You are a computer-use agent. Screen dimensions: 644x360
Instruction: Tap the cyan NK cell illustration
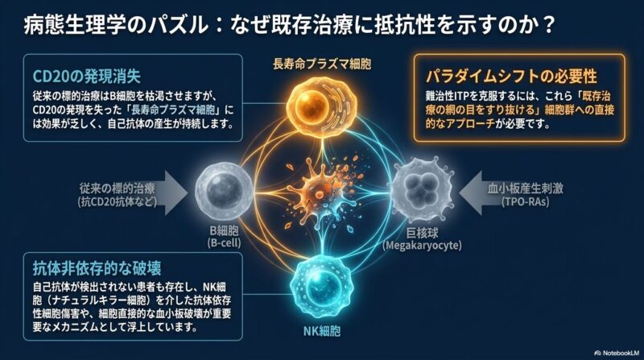[x=321, y=286]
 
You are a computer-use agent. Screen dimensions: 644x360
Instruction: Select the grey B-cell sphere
[x=224, y=190]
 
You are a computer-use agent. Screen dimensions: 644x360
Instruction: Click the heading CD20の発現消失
[x=87, y=77]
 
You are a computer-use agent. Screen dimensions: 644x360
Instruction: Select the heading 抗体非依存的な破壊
[x=97, y=268]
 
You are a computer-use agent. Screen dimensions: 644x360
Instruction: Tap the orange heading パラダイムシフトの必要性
[x=511, y=77]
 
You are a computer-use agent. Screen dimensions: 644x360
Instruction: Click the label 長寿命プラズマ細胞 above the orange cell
[x=322, y=64]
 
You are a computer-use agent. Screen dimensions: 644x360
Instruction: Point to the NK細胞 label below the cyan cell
[x=321, y=331]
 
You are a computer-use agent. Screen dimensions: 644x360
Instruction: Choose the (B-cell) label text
[x=225, y=243]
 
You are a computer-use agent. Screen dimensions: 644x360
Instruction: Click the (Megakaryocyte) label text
[x=422, y=246]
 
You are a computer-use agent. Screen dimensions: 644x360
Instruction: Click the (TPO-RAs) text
[x=526, y=202]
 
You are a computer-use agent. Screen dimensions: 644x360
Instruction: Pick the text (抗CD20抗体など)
[x=118, y=202]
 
